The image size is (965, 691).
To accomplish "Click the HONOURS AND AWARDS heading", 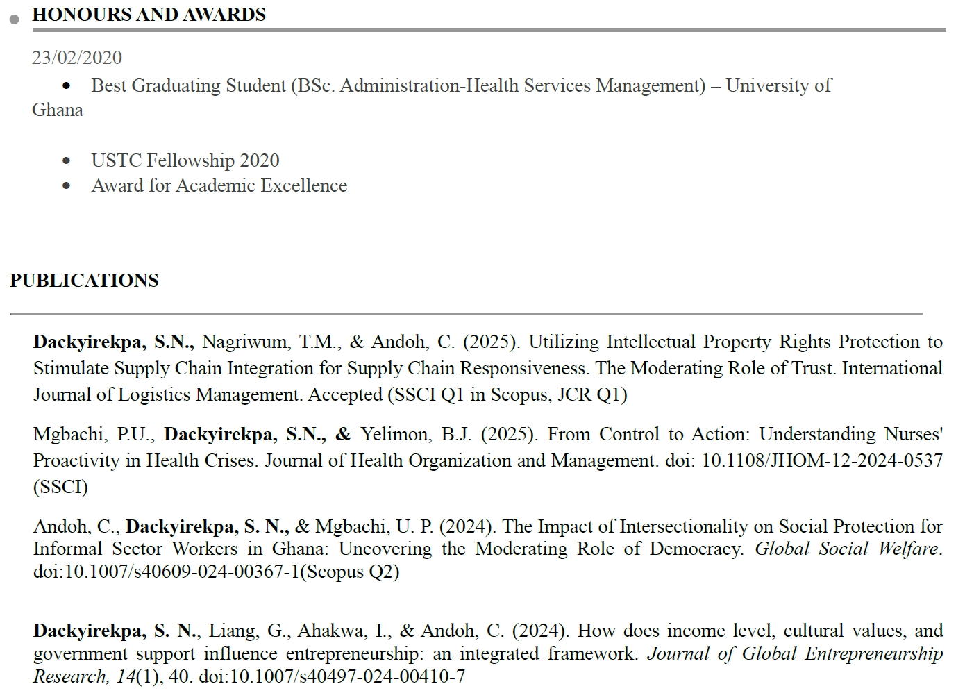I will [x=149, y=15].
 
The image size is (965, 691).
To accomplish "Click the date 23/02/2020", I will [x=76, y=58].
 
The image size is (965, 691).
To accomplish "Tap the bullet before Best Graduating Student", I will [x=67, y=86].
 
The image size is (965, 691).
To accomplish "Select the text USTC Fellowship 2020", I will [x=185, y=160].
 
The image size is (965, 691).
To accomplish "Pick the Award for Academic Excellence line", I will [x=219, y=185].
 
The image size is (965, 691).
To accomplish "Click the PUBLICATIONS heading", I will [x=84, y=281].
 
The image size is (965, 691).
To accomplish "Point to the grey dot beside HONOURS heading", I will [x=15, y=19].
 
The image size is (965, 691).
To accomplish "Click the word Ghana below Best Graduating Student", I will [x=57, y=110].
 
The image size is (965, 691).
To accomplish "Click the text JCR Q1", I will [x=596, y=394].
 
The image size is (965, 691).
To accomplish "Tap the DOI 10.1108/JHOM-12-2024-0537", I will [x=822, y=460].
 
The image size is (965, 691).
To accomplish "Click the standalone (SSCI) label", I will [x=60, y=487].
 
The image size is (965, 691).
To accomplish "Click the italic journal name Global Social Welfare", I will [x=846, y=549].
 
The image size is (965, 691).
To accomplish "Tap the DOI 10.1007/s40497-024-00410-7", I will [x=331, y=676].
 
